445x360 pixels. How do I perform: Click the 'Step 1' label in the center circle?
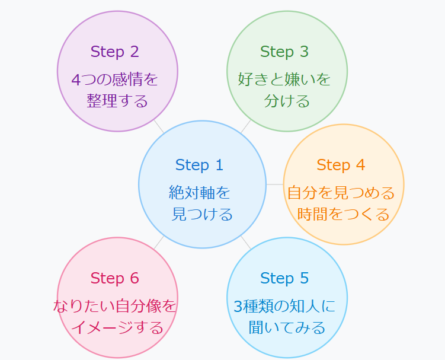pyautogui.click(x=199, y=165)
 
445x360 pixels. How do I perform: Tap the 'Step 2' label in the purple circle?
pyautogui.click(x=115, y=52)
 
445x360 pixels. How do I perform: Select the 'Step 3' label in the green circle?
pyautogui.click(x=284, y=52)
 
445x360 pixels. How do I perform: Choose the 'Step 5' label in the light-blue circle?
pyautogui.click(x=284, y=278)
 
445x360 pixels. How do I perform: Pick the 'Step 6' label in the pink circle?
pyautogui.click(x=115, y=278)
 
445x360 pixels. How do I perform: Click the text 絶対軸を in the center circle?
pyautogui.click(x=199, y=192)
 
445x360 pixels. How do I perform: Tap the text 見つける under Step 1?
pyautogui.click(x=202, y=214)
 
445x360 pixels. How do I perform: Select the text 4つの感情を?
pyautogui.click(x=115, y=79)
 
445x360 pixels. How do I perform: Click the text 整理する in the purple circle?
pyautogui.click(x=117, y=101)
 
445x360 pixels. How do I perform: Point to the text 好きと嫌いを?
pyautogui.click(x=284, y=79)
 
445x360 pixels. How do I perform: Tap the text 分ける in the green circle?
pyautogui.click(x=287, y=101)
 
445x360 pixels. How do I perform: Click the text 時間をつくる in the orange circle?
pyautogui.click(x=344, y=214)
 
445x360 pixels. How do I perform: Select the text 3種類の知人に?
pyautogui.click(x=284, y=306)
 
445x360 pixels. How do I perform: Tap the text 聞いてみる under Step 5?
pyautogui.click(x=287, y=327)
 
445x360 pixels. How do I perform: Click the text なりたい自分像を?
pyautogui.click(x=115, y=306)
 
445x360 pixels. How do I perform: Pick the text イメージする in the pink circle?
pyautogui.click(x=117, y=327)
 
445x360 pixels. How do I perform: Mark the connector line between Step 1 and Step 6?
pyautogui.click(x=159, y=242)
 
